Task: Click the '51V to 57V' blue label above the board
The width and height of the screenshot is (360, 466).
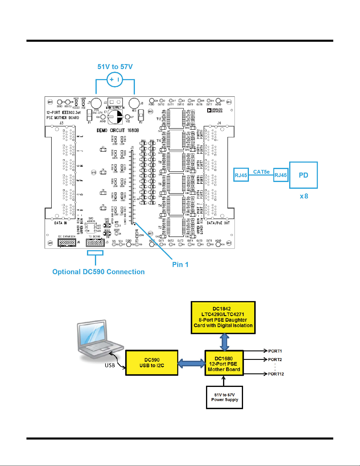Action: (x=115, y=67)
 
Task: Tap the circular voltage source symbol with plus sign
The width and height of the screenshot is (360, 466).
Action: (x=115, y=79)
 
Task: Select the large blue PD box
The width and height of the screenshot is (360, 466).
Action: (x=303, y=175)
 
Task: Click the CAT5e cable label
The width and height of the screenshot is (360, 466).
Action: (x=261, y=172)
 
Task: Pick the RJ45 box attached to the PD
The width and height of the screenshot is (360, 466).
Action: (x=281, y=175)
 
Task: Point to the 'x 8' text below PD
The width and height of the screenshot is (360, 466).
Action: (x=304, y=196)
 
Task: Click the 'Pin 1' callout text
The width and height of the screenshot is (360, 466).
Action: (x=180, y=264)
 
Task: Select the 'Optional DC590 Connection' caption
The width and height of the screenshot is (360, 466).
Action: (x=98, y=272)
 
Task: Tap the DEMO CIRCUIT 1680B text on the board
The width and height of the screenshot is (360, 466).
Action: (x=118, y=130)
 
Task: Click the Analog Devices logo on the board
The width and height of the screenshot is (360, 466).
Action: (x=215, y=111)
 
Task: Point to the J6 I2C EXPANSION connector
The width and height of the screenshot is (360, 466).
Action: (x=67, y=243)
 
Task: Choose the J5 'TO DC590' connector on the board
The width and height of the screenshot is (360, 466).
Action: (x=95, y=243)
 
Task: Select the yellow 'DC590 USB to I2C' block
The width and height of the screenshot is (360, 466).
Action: (x=152, y=363)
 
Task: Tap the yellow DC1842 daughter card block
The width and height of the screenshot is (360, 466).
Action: (x=223, y=318)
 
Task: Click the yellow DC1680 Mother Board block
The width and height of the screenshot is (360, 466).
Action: (x=224, y=363)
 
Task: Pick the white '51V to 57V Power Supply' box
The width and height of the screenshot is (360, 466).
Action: (x=225, y=397)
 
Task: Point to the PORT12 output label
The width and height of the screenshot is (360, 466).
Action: (x=276, y=374)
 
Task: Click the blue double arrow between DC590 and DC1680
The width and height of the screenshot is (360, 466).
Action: (x=191, y=363)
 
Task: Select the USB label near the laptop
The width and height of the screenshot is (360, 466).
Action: (x=110, y=365)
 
